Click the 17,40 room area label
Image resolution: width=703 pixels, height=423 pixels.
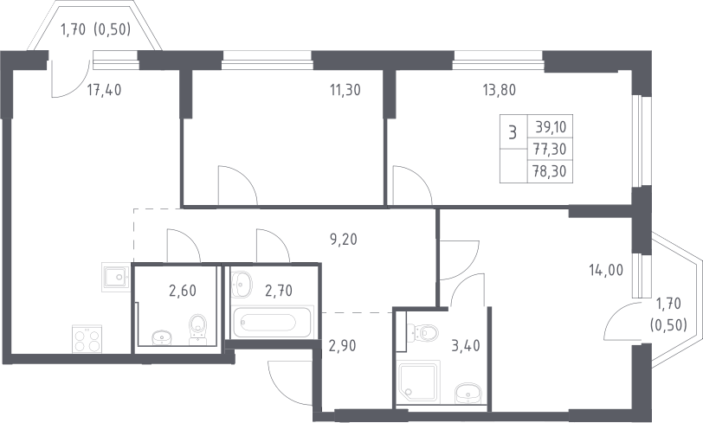[x=104, y=90]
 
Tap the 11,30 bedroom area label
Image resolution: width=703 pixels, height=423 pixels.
[x=345, y=90]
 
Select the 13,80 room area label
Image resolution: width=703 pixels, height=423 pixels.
[x=499, y=90]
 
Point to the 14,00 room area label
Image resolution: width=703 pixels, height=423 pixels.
[x=606, y=270]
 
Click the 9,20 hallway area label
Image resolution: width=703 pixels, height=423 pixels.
[x=344, y=240]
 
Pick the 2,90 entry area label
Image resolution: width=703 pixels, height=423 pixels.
[x=343, y=345]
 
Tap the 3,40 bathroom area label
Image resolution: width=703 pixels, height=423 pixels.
[x=466, y=345]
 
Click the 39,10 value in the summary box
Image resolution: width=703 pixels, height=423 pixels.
[x=551, y=127]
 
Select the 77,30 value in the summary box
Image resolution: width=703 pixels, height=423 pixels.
[x=550, y=149]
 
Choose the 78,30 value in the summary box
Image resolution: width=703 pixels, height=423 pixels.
[x=550, y=171]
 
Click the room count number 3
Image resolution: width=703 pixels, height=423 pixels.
[x=513, y=132]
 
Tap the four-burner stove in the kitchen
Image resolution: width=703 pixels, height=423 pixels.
[x=87, y=339]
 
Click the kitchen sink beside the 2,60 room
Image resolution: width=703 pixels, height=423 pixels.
[x=116, y=277]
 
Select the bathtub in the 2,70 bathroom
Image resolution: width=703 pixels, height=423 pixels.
[x=272, y=322]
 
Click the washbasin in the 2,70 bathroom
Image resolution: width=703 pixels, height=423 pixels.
[x=242, y=284]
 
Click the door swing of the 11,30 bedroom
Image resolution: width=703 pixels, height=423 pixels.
[x=237, y=185]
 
